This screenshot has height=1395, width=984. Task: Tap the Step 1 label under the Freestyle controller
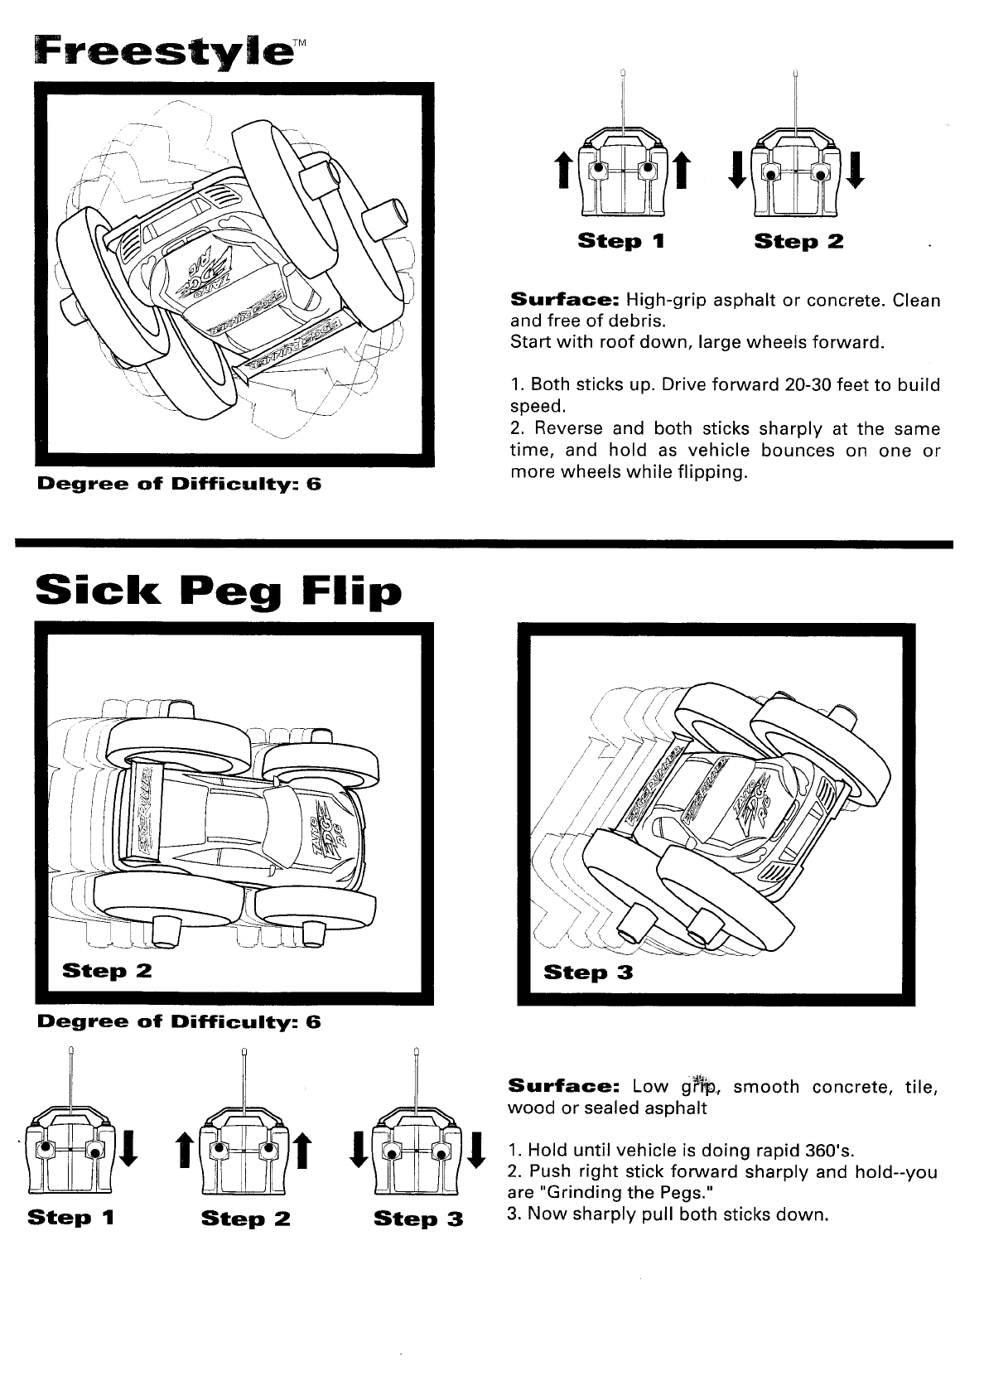pyautogui.click(x=621, y=242)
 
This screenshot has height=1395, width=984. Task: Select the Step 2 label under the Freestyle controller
pyautogui.click(x=798, y=242)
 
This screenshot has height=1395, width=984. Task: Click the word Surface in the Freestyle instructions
pyautogui.click(x=564, y=299)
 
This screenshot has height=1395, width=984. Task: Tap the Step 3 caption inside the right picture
pyautogui.click(x=588, y=973)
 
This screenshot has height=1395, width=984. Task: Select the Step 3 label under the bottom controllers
pyautogui.click(x=418, y=1219)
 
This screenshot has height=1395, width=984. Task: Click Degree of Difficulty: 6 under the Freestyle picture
pyautogui.click(x=179, y=484)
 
